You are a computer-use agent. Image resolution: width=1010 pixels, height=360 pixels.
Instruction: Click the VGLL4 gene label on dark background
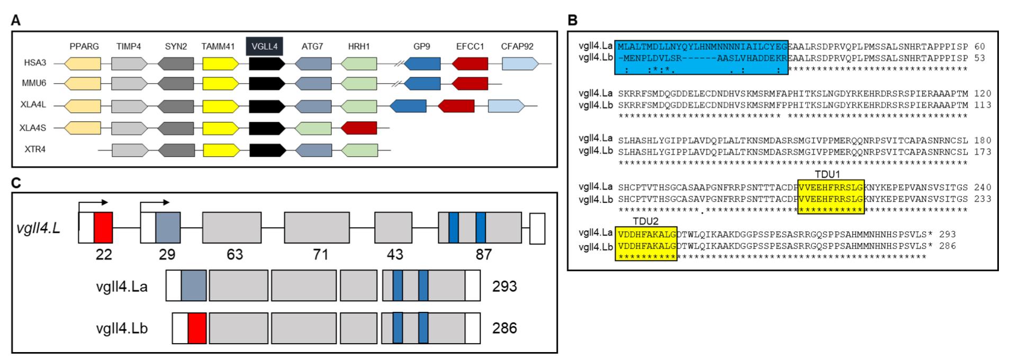(265, 46)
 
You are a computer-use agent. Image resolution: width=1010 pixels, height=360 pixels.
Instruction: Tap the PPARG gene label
(84, 47)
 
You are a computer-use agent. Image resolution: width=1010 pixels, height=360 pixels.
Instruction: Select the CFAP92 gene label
(517, 47)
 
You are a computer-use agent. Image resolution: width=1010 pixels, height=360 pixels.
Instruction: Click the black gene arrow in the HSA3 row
(267, 64)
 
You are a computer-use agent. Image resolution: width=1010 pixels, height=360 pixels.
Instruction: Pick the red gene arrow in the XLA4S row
(359, 128)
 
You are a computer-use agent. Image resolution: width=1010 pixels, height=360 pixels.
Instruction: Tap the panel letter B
(572, 21)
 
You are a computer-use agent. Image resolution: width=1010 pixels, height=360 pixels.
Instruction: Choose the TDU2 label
(645, 221)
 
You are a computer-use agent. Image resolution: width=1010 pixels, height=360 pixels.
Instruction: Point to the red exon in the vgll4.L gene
(103, 228)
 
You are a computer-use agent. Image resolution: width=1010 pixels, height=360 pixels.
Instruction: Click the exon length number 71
(321, 255)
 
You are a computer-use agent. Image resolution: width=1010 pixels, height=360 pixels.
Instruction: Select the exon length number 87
(483, 255)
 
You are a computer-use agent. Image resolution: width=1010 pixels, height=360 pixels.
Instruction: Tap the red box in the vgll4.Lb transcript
(196, 328)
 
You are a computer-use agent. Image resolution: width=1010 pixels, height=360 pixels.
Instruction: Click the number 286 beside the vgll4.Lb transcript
(504, 328)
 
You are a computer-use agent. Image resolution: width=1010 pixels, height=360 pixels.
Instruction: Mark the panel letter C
(17, 183)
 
